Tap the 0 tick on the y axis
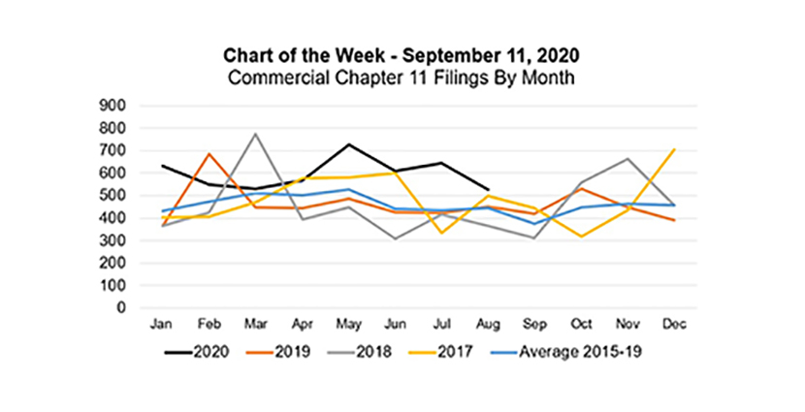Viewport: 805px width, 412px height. click(127, 308)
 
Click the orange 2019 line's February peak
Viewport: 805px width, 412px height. click(208, 153)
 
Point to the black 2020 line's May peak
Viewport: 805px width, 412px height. click(347, 144)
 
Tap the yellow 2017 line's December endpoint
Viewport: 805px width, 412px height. click(674, 149)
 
